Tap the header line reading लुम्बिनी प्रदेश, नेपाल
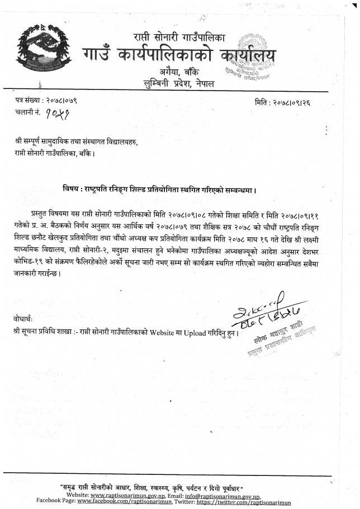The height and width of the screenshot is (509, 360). tap(179, 84)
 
